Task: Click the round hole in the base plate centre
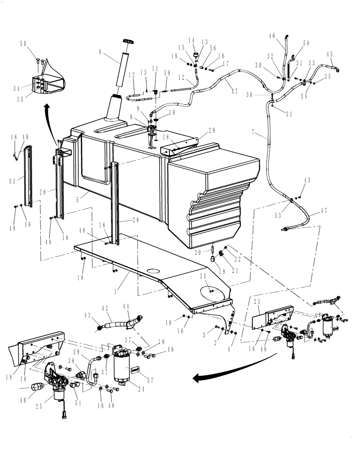pos(152,271)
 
